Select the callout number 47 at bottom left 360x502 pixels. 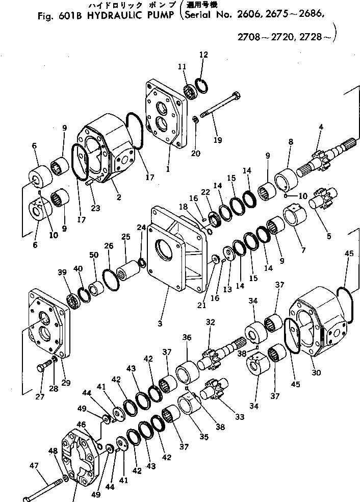(34, 465)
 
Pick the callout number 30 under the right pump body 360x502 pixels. (316, 372)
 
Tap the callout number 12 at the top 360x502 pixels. (203, 55)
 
